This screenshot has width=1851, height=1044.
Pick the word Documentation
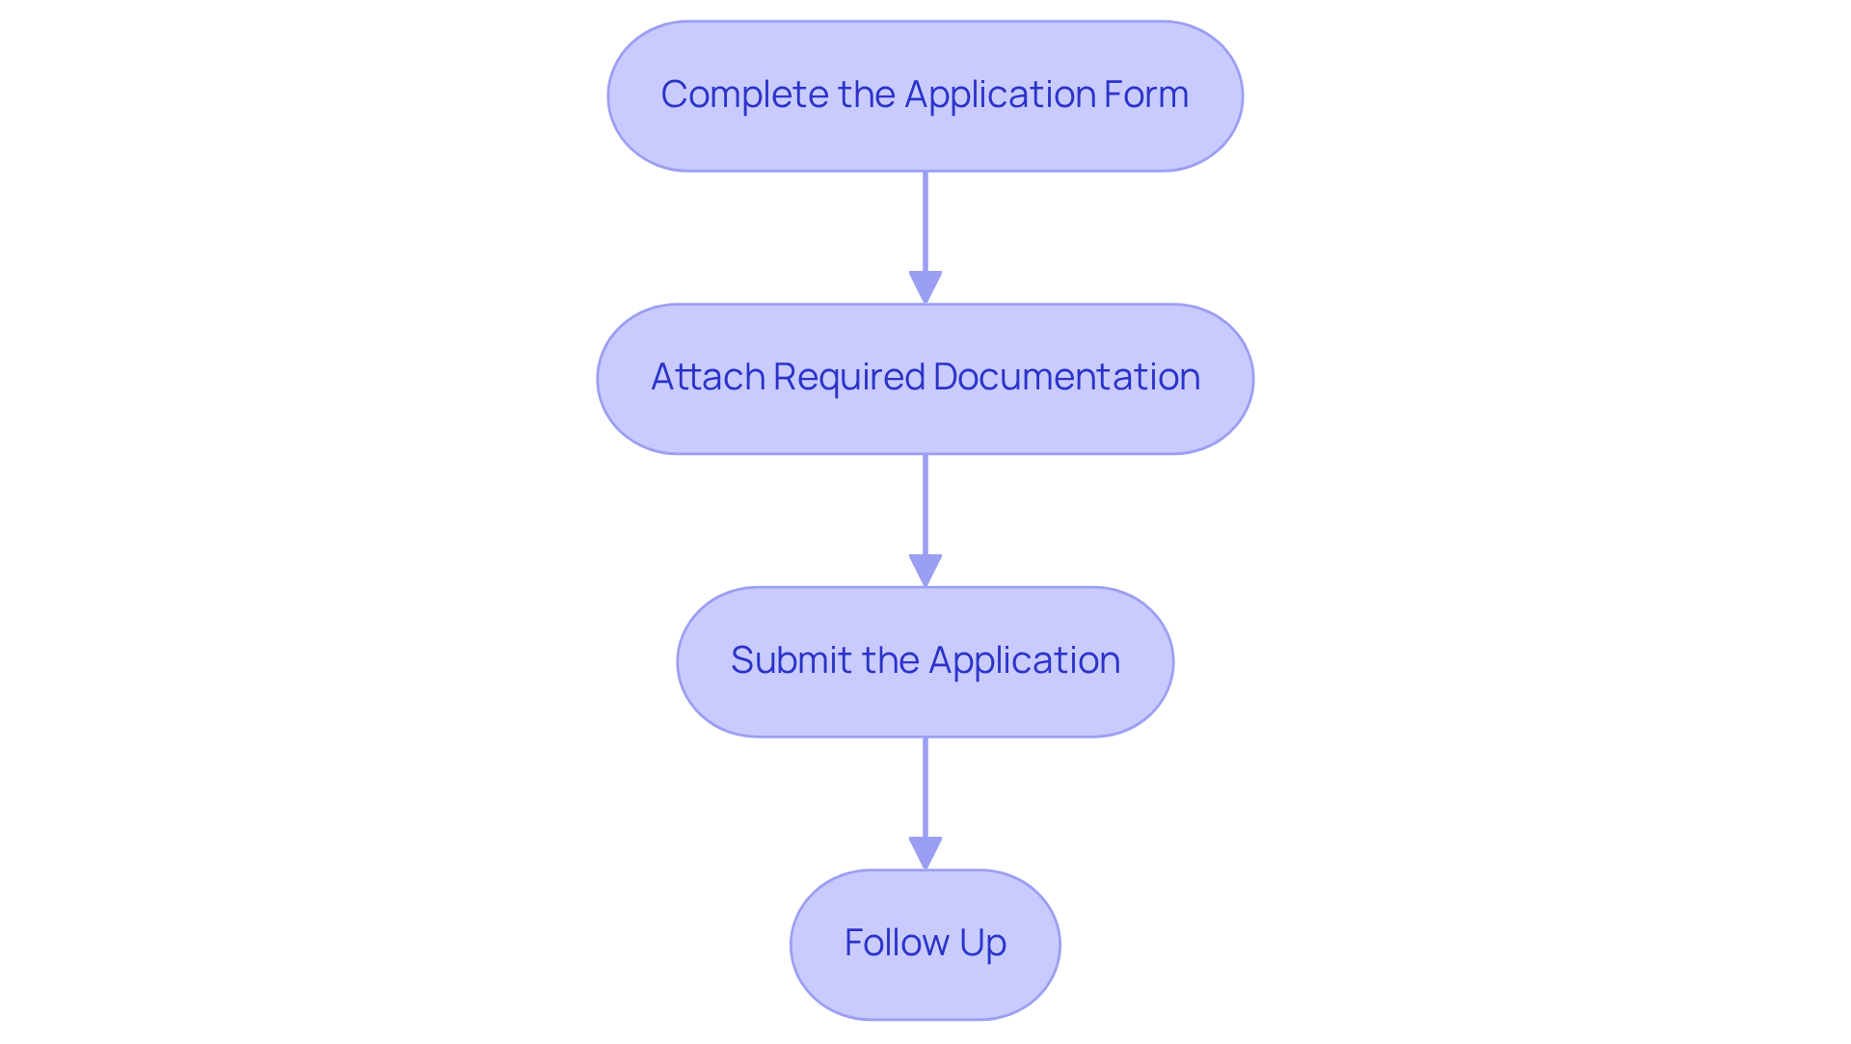pos(1066,377)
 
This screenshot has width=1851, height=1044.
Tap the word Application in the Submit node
pos(1024,660)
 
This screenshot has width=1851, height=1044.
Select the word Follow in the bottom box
pos(896,943)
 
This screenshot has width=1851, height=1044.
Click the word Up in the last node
pos(982,943)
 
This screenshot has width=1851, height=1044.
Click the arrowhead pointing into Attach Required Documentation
pos(925,287)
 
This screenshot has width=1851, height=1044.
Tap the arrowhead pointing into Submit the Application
pos(925,570)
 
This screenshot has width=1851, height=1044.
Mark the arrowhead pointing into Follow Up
pos(925,852)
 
